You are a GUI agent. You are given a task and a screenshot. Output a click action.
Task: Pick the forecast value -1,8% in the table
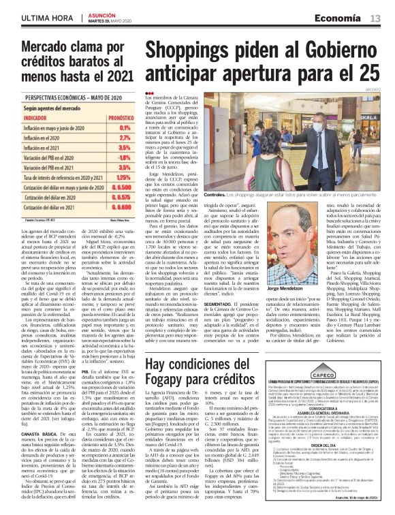(x=123, y=157)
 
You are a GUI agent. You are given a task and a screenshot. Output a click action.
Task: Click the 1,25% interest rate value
(x=123, y=177)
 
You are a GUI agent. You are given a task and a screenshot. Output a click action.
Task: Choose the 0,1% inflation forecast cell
(x=124, y=127)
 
